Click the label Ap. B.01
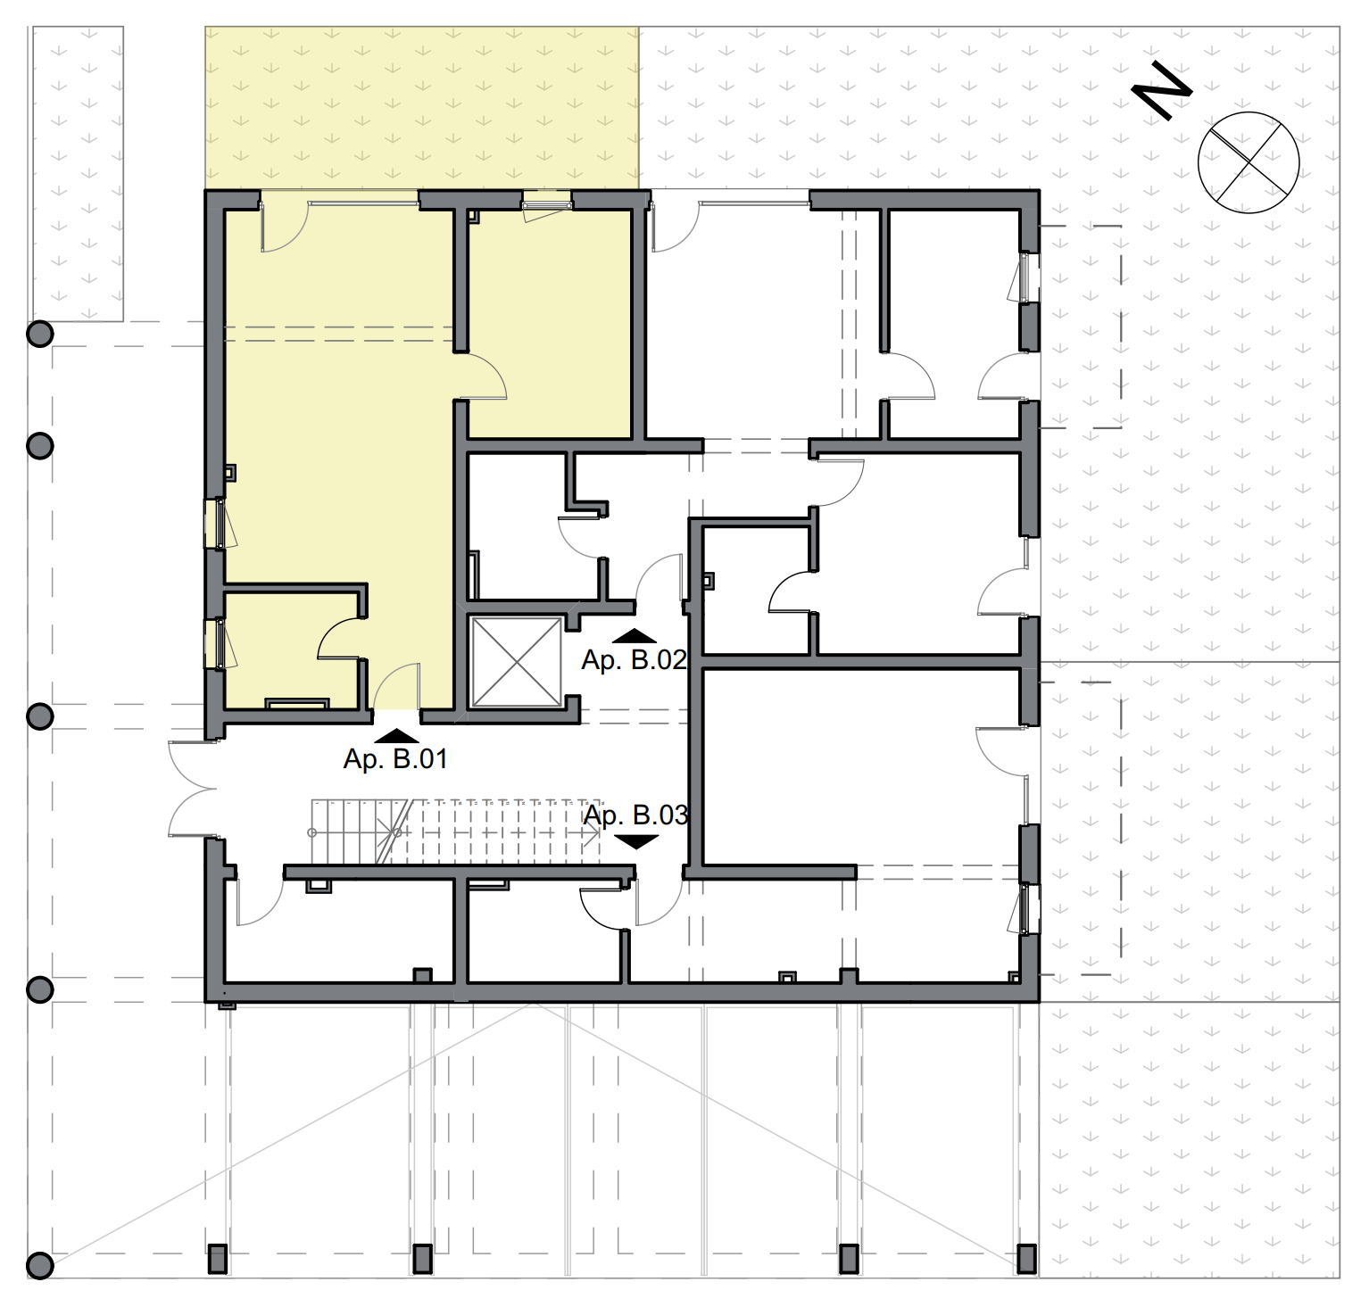[395, 759]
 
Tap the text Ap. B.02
[634, 660]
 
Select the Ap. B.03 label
[635, 815]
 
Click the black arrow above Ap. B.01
[396, 737]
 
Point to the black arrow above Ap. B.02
[635, 636]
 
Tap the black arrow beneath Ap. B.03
[637, 841]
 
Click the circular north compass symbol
[1248, 162]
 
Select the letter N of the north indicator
[1161, 89]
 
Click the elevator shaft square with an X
[516, 661]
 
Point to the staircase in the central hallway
[455, 831]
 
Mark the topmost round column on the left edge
[40, 334]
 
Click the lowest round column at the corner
[40, 1264]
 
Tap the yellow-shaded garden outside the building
[421, 107]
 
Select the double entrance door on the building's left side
[192, 790]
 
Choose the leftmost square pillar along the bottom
[218, 1258]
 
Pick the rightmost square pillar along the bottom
[1026, 1258]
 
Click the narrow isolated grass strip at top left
[78, 174]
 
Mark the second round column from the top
[40, 445]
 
